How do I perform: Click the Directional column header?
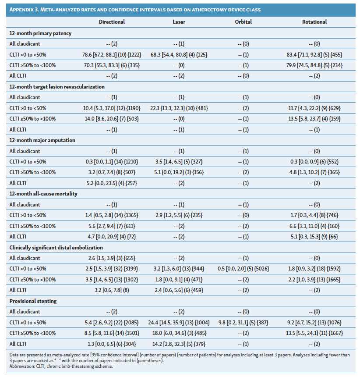pos(112,21)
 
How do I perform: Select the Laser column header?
pos(179,21)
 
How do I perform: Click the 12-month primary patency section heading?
pos(40,33)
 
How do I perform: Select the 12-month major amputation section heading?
pos(42,140)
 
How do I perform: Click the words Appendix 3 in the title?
pos(27,9)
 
